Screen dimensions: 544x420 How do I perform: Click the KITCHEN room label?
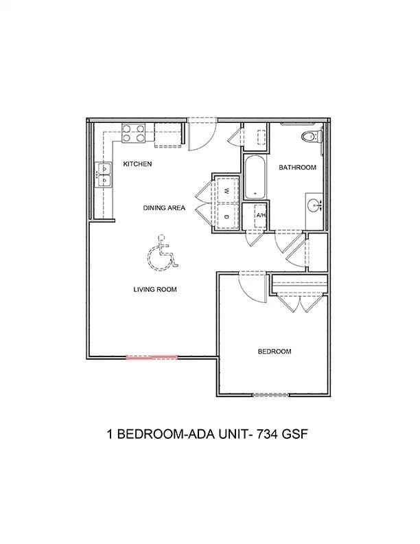137,164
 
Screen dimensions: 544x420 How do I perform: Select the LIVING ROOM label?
155,289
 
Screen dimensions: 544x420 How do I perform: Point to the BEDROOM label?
275,352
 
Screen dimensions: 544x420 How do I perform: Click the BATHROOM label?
297,168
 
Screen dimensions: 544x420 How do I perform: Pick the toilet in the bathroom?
313,136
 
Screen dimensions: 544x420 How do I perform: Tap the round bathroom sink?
315,204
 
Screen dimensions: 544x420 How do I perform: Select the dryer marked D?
226,217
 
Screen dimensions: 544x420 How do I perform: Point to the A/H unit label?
261,215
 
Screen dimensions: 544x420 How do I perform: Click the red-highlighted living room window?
152,357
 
